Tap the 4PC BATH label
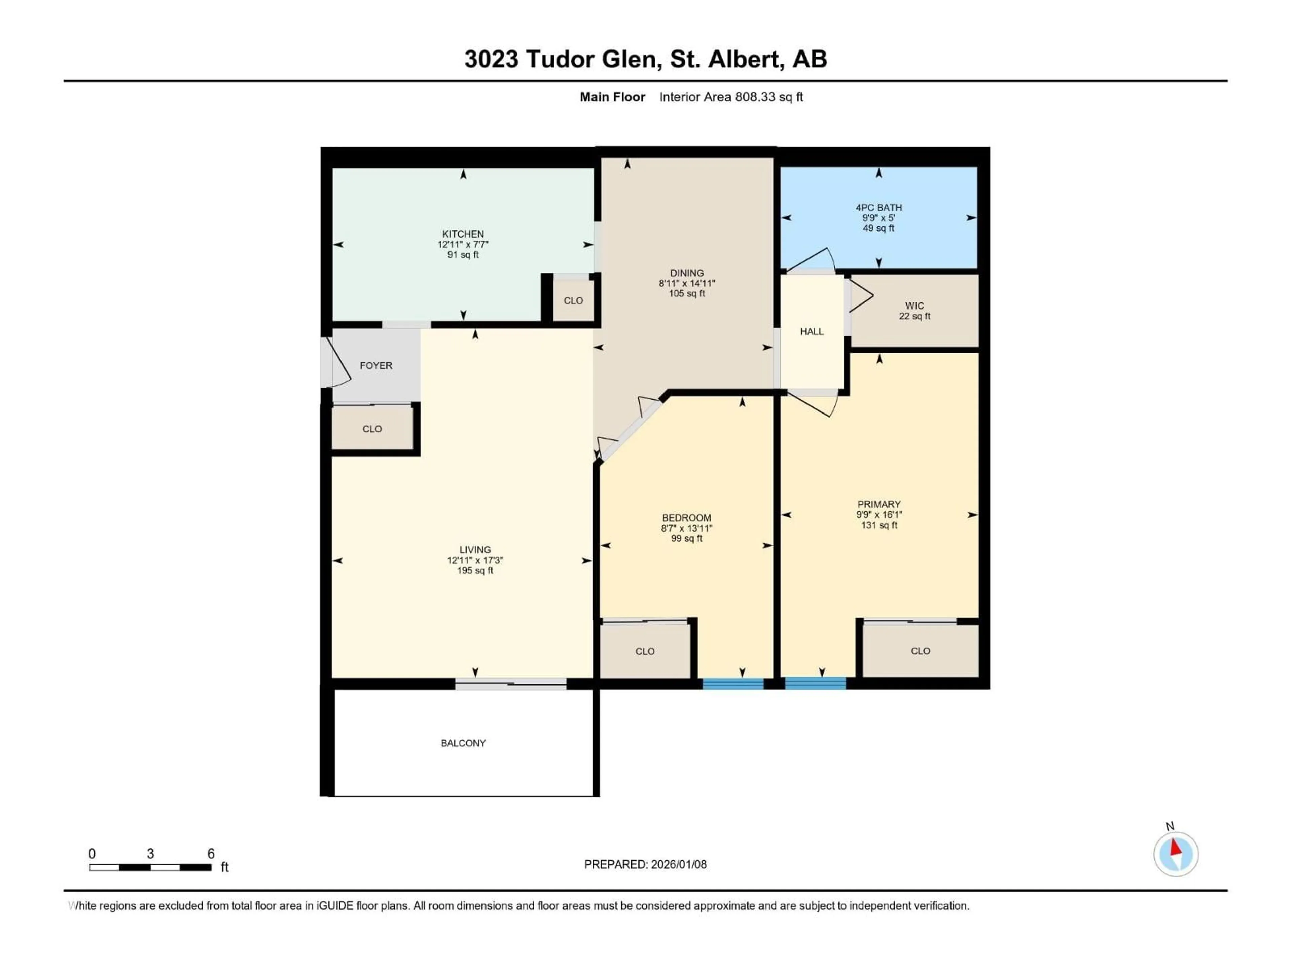pos(878,207)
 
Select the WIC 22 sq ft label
pos(914,311)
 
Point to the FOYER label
pos(375,366)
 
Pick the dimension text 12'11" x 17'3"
pos(475,560)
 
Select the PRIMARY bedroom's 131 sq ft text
pos(878,525)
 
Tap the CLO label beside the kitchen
pos(573,301)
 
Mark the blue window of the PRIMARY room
pos(815,683)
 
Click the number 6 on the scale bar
pos(211,853)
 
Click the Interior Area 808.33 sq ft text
pos(731,97)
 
